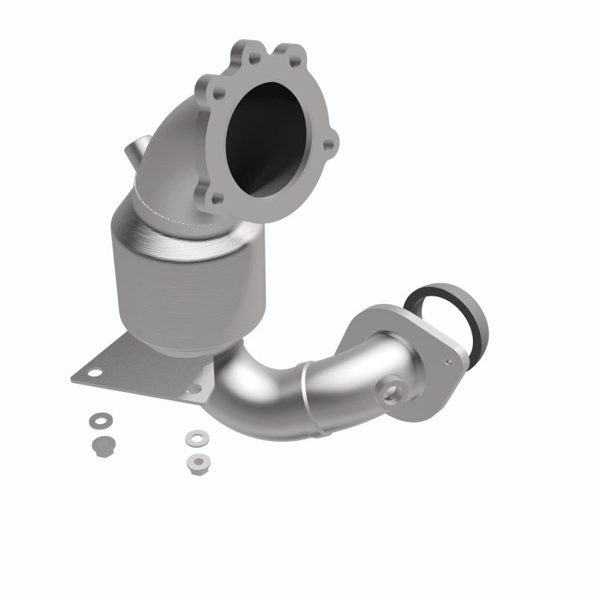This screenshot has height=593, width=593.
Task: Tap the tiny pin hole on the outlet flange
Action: [x=448, y=362]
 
